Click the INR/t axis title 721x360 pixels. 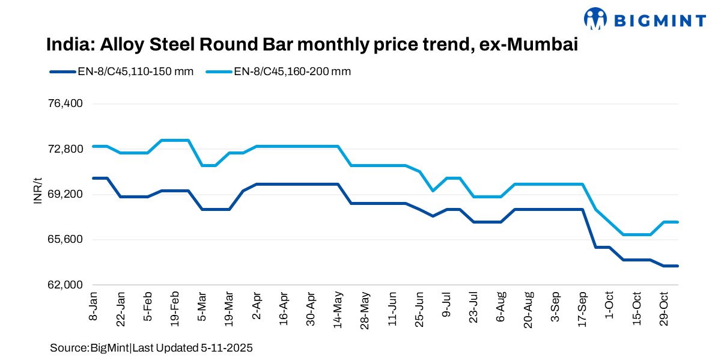point(38,191)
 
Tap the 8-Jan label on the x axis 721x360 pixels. point(94,306)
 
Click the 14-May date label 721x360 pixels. point(338,308)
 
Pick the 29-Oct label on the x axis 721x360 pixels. point(664,308)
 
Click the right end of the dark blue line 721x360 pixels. point(678,266)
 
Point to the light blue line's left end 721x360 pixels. point(94,146)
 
